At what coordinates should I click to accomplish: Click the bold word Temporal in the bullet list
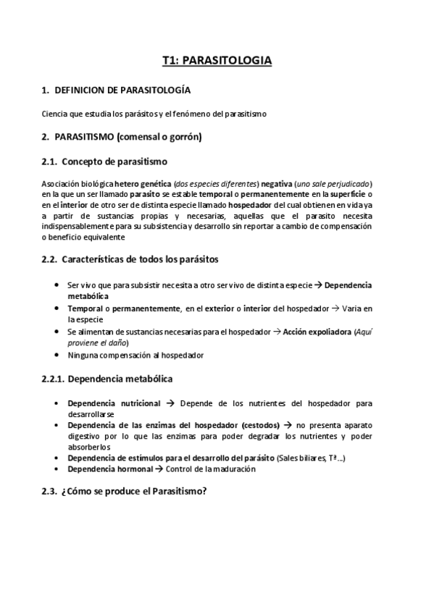[x=84, y=308]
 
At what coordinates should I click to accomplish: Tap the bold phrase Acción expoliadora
[x=315, y=332]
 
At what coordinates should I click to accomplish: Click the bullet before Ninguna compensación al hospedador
[x=57, y=355]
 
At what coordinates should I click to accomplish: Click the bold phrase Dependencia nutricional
[x=113, y=402]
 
